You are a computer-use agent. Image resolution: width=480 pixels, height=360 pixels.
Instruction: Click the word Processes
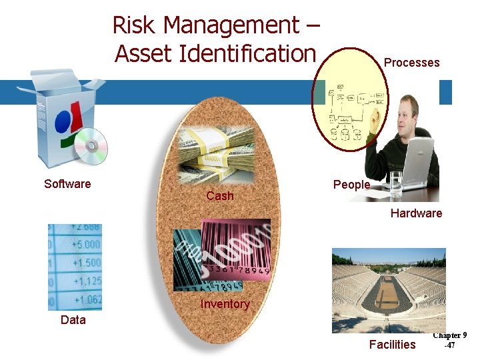click(x=411, y=63)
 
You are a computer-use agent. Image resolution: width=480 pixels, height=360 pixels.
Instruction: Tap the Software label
click(x=67, y=184)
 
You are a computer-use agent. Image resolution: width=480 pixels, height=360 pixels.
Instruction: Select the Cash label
click(x=220, y=195)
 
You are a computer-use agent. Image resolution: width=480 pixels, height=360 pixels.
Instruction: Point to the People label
click(x=351, y=185)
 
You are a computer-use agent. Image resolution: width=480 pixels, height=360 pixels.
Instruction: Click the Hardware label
click(x=416, y=213)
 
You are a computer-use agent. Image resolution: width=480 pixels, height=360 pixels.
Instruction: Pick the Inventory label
click(x=225, y=304)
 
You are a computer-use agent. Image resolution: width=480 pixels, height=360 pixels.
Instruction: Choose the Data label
click(x=73, y=320)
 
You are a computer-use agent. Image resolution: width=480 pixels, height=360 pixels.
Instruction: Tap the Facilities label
click(x=392, y=345)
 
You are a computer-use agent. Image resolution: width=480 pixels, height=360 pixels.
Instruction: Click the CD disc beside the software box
click(x=90, y=146)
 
